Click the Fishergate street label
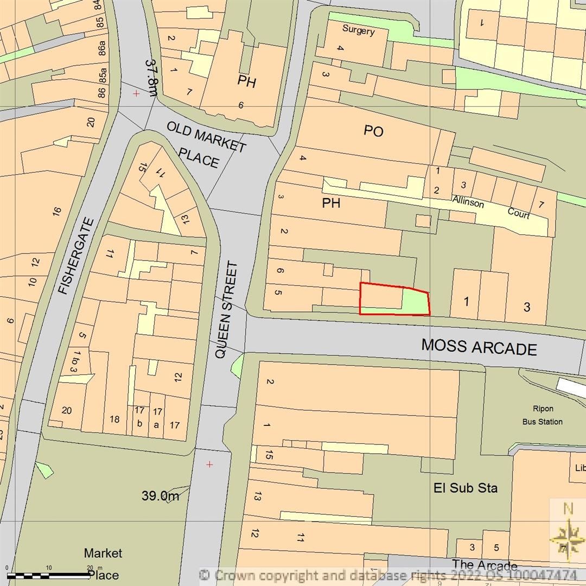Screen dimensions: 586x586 point(77,256)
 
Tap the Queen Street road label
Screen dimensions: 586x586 point(226,310)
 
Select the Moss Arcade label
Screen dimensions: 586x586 point(479,347)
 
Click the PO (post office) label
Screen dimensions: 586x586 point(374,131)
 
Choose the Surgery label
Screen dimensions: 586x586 point(358,30)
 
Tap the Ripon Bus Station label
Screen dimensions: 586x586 point(542,415)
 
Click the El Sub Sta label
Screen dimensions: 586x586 point(466,487)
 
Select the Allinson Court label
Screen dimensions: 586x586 point(492,207)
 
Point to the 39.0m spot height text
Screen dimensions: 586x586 point(160,495)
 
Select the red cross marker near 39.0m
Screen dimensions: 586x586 point(209,464)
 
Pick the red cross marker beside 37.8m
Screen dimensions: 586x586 point(136,93)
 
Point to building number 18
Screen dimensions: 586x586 point(114,419)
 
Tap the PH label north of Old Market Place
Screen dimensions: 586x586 point(246,82)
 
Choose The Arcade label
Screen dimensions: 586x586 point(484,565)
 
